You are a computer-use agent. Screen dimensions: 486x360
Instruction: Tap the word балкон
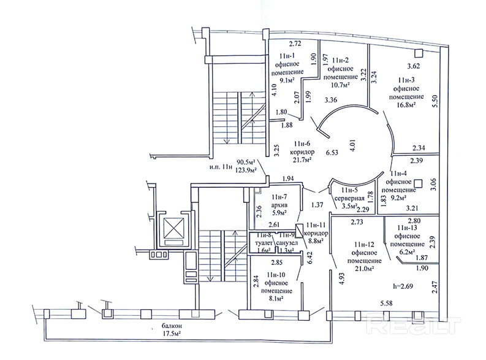tap(172, 326)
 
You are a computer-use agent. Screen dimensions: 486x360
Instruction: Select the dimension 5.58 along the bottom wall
tap(386, 303)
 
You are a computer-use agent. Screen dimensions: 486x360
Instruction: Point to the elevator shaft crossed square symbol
tap(173, 228)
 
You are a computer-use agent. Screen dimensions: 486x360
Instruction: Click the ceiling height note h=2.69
tap(403, 286)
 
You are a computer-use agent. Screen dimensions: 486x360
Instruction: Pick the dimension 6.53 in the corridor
tap(332, 153)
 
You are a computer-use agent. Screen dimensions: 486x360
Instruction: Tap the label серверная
tap(349, 198)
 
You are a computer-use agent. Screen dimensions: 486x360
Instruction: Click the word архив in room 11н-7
tap(279, 205)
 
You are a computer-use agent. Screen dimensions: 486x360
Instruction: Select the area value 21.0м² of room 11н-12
tap(364, 269)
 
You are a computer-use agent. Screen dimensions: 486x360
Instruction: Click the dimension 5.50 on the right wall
tap(435, 101)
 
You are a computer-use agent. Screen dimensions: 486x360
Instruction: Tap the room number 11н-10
tap(276, 275)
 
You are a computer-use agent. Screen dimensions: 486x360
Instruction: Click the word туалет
tap(264, 243)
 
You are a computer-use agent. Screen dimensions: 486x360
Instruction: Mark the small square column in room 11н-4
tap(419, 183)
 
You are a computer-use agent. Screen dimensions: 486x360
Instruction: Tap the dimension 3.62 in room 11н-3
tap(413, 66)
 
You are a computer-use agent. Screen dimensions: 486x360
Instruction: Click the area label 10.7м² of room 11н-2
tap(341, 85)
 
